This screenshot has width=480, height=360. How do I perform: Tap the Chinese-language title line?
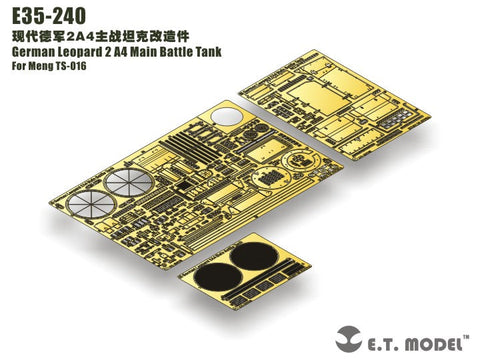pos(90,37)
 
